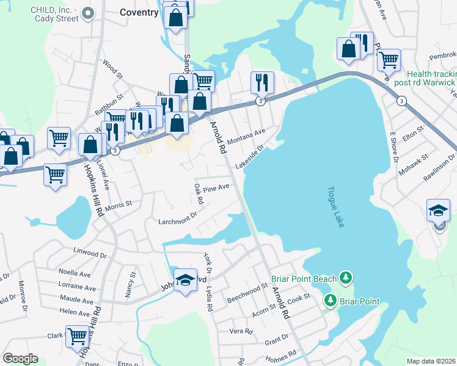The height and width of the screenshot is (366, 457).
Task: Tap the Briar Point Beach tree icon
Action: coord(346,279)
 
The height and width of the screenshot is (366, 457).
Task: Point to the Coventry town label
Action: coord(139,12)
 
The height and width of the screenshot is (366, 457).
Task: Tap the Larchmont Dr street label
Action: coord(178,215)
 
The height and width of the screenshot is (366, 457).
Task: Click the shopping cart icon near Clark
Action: coord(78,337)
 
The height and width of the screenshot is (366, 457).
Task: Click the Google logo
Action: coord(20,359)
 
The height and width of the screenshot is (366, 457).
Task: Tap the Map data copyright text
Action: coord(430,361)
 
